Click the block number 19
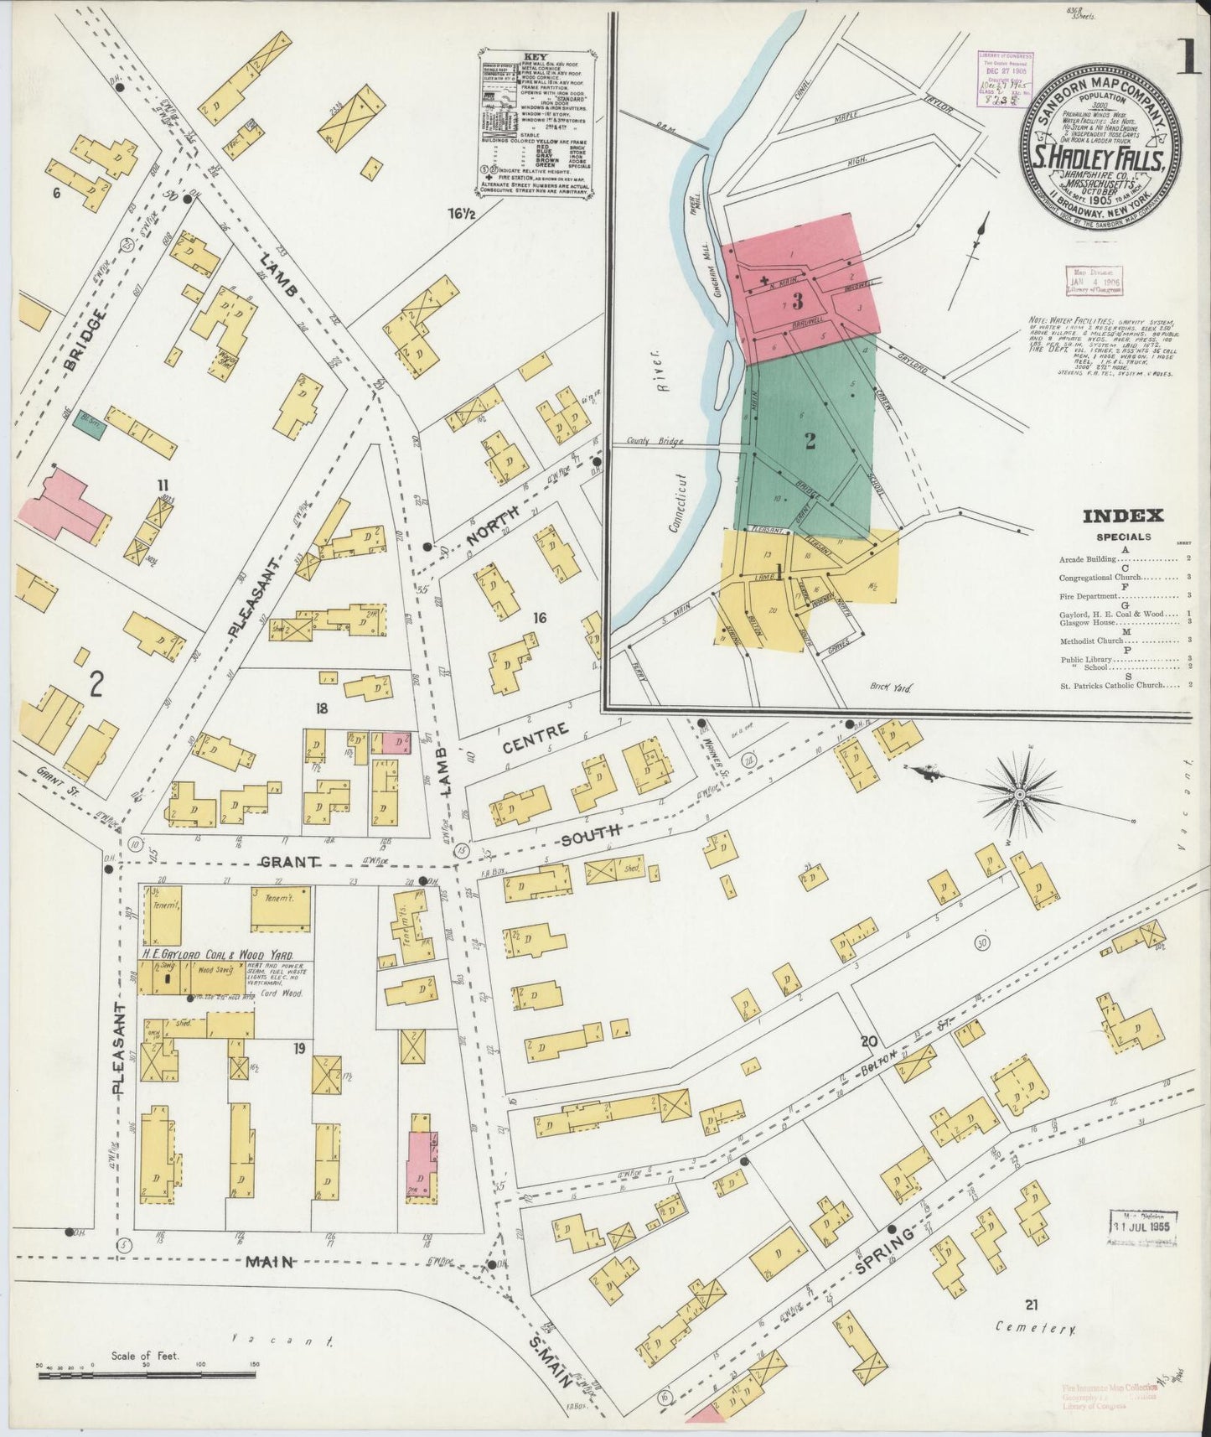point(298,1049)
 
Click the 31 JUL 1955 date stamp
point(1144,1227)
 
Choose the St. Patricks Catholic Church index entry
point(1119,685)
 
